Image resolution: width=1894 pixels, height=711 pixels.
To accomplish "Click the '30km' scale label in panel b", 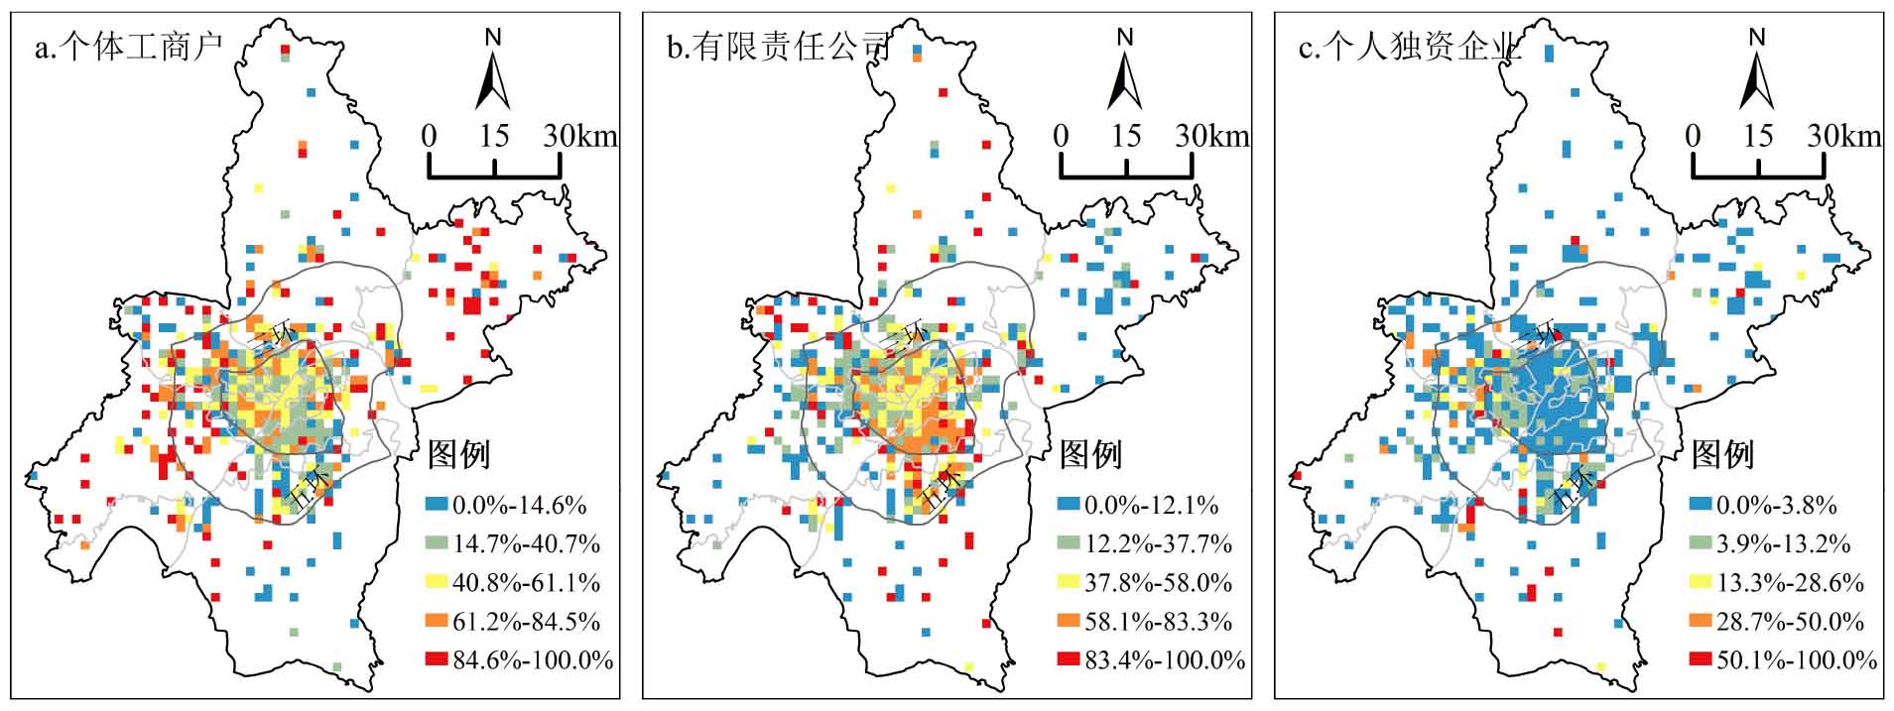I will tap(1212, 136).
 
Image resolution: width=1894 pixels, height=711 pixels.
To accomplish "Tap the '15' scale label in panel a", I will tap(494, 136).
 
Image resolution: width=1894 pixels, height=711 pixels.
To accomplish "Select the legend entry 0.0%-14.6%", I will tap(506, 505).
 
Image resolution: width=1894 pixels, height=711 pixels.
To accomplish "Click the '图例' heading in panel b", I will tap(1090, 455).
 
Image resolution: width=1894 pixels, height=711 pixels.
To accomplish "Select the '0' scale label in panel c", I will tap(1693, 136).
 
